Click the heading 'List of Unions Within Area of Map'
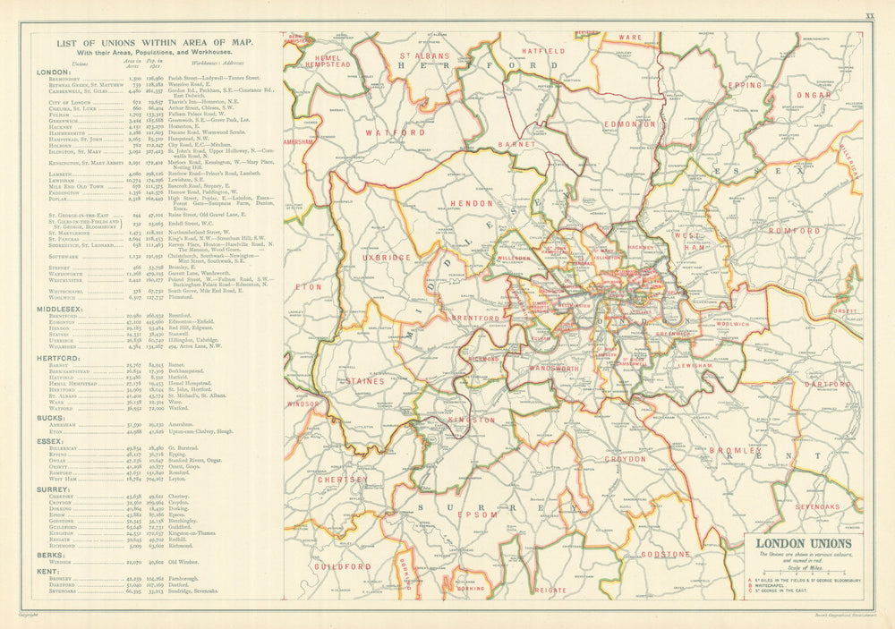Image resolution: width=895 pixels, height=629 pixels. point(154,42)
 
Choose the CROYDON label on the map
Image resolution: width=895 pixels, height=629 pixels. point(625,459)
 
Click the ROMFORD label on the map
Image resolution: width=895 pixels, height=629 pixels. point(792,231)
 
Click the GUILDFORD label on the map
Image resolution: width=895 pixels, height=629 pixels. point(341,566)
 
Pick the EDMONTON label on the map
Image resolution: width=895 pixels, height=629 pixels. point(630,124)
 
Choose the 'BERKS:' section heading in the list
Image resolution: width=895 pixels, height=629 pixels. point(49,554)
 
